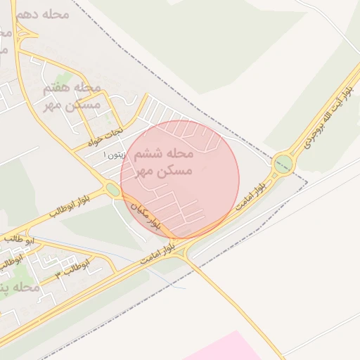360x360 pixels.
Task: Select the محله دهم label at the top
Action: click(x=46, y=13)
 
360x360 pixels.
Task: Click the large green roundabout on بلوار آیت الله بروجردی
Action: click(x=283, y=165)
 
